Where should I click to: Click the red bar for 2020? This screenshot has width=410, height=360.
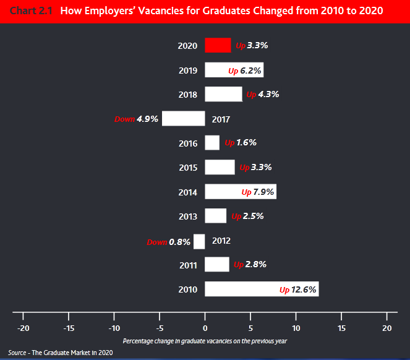[x=218, y=46]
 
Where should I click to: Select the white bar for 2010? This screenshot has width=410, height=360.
[x=262, y=289]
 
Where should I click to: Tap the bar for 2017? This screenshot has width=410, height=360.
[x=183, y=119]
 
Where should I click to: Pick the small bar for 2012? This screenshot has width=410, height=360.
[x=199, y=241]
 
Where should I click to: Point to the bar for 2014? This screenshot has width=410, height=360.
[x=241, y=192]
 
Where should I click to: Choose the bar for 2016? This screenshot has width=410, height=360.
[x=212, y=143]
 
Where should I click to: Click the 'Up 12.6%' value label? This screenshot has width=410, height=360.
[x=298, y=289]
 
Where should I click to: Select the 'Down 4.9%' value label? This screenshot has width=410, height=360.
[x=137, y=119]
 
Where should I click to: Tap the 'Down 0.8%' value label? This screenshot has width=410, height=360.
[x=168, y=242]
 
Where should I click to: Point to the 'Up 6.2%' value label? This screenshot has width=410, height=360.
[x=245, y=71]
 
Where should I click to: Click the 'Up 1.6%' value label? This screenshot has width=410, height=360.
[x=241, y=143]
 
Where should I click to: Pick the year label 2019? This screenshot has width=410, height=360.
[x=187, y=71]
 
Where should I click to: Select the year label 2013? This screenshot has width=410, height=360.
[x=187, y=216]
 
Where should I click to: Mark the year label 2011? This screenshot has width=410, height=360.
[x=187, y=265]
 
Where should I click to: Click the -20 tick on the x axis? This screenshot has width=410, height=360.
[x=23, y=327]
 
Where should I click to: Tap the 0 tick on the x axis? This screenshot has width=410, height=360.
[x=205, y=327]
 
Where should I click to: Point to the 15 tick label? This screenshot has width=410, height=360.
[x=341, y=327]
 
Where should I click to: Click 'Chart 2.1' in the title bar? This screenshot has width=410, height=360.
[x=30, y=11]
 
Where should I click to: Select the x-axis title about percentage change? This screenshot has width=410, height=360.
[x=205, y=341]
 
